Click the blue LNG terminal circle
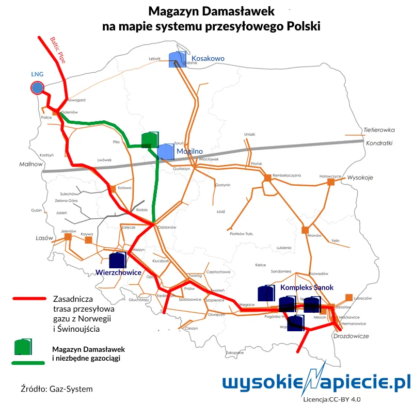pos(37,88)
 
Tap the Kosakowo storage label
pos(208,59)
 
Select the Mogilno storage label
pos(189,151)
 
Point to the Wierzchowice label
pos(119,271)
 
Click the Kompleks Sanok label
pos(307,287)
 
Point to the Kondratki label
pos(379,143)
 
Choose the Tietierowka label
pos(379,130)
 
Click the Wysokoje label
pos(360,177)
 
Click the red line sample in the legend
pos(29,299)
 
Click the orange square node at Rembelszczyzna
pos(267,178)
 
